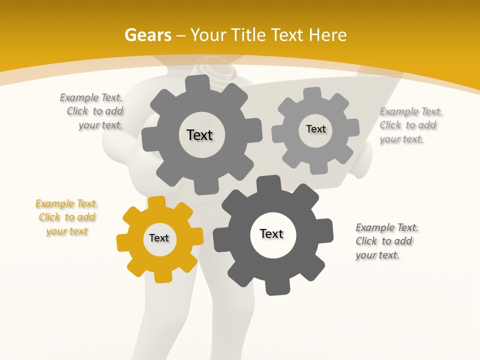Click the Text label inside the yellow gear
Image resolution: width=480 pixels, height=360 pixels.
pyautogui.click(x=159, y=238)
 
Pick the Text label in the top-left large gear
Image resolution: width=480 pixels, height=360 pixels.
pyautogui.click(x=199, y=135)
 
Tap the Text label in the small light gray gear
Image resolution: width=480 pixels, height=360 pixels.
pyautogui.click(x=315, y=129)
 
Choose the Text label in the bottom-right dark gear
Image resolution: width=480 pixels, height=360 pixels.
pyautogui.click(x=271, y=233)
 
